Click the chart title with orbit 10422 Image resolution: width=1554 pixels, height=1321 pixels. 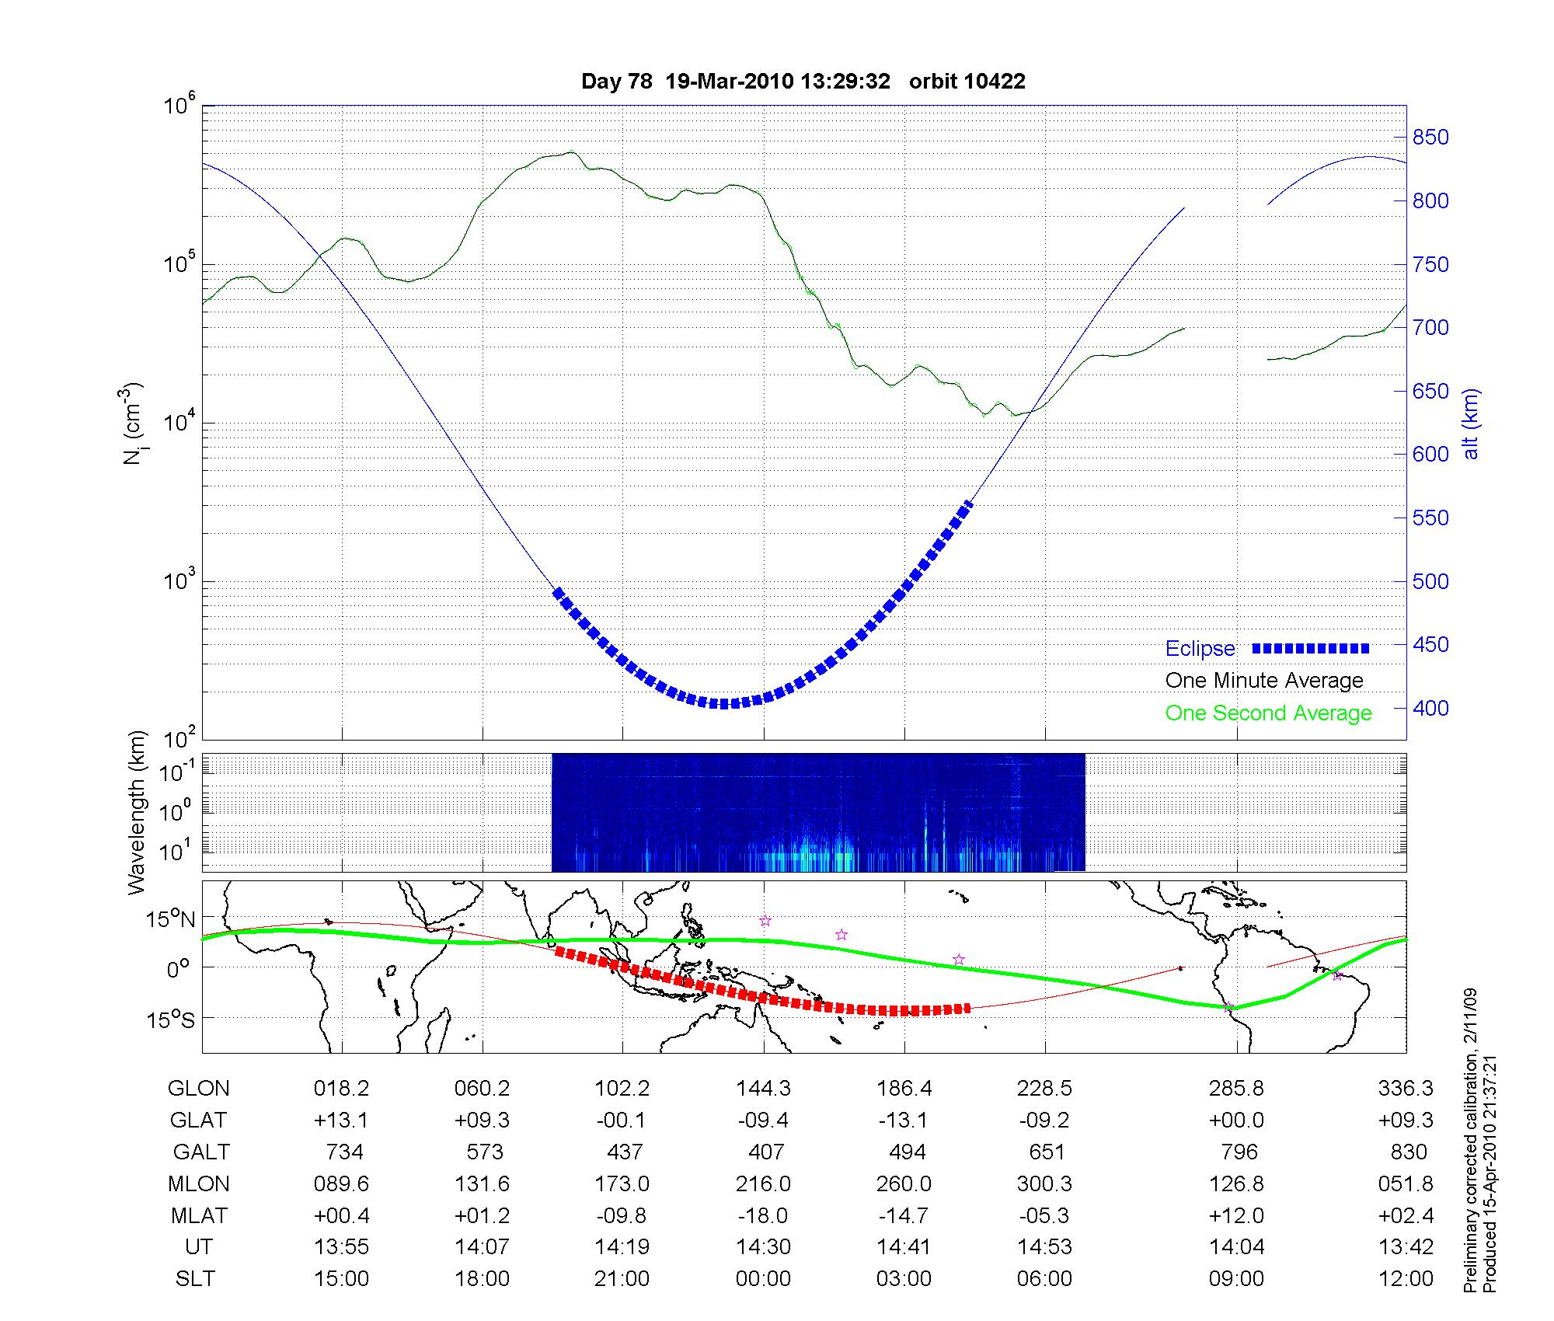tap(803, 81)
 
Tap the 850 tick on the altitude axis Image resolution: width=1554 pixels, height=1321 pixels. tap(1430, 138)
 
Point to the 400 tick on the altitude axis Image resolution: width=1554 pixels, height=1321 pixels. tap(1430, 708)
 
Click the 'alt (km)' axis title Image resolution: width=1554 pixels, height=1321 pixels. tap(1471, 423)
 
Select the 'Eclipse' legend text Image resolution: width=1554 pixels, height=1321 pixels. tap(1200, 648)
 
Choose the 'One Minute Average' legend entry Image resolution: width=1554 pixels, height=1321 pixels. tap(1264, 681)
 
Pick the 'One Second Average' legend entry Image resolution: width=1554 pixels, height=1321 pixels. tap(1268, 713)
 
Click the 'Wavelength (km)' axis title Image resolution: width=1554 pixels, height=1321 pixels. tap(137, 812)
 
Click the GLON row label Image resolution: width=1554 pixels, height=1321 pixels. tap(198, 1089)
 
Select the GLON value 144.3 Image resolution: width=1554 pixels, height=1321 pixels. tap(763, 1089)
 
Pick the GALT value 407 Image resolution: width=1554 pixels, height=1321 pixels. tap(765, 1152)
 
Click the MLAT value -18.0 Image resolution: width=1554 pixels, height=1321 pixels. tap(763, 1215)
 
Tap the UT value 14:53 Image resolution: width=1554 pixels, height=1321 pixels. tap(1044, 1247)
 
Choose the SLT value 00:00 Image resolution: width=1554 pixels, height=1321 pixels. tap(763, 1279)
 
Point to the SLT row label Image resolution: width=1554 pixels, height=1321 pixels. tap(195, 1279)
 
